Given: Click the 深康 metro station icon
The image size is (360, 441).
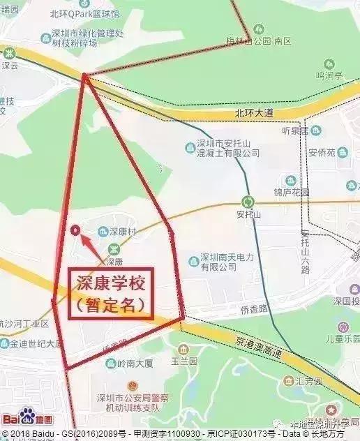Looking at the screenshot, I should point(114,249).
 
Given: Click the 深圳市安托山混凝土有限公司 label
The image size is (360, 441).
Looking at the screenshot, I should point(222,148).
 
